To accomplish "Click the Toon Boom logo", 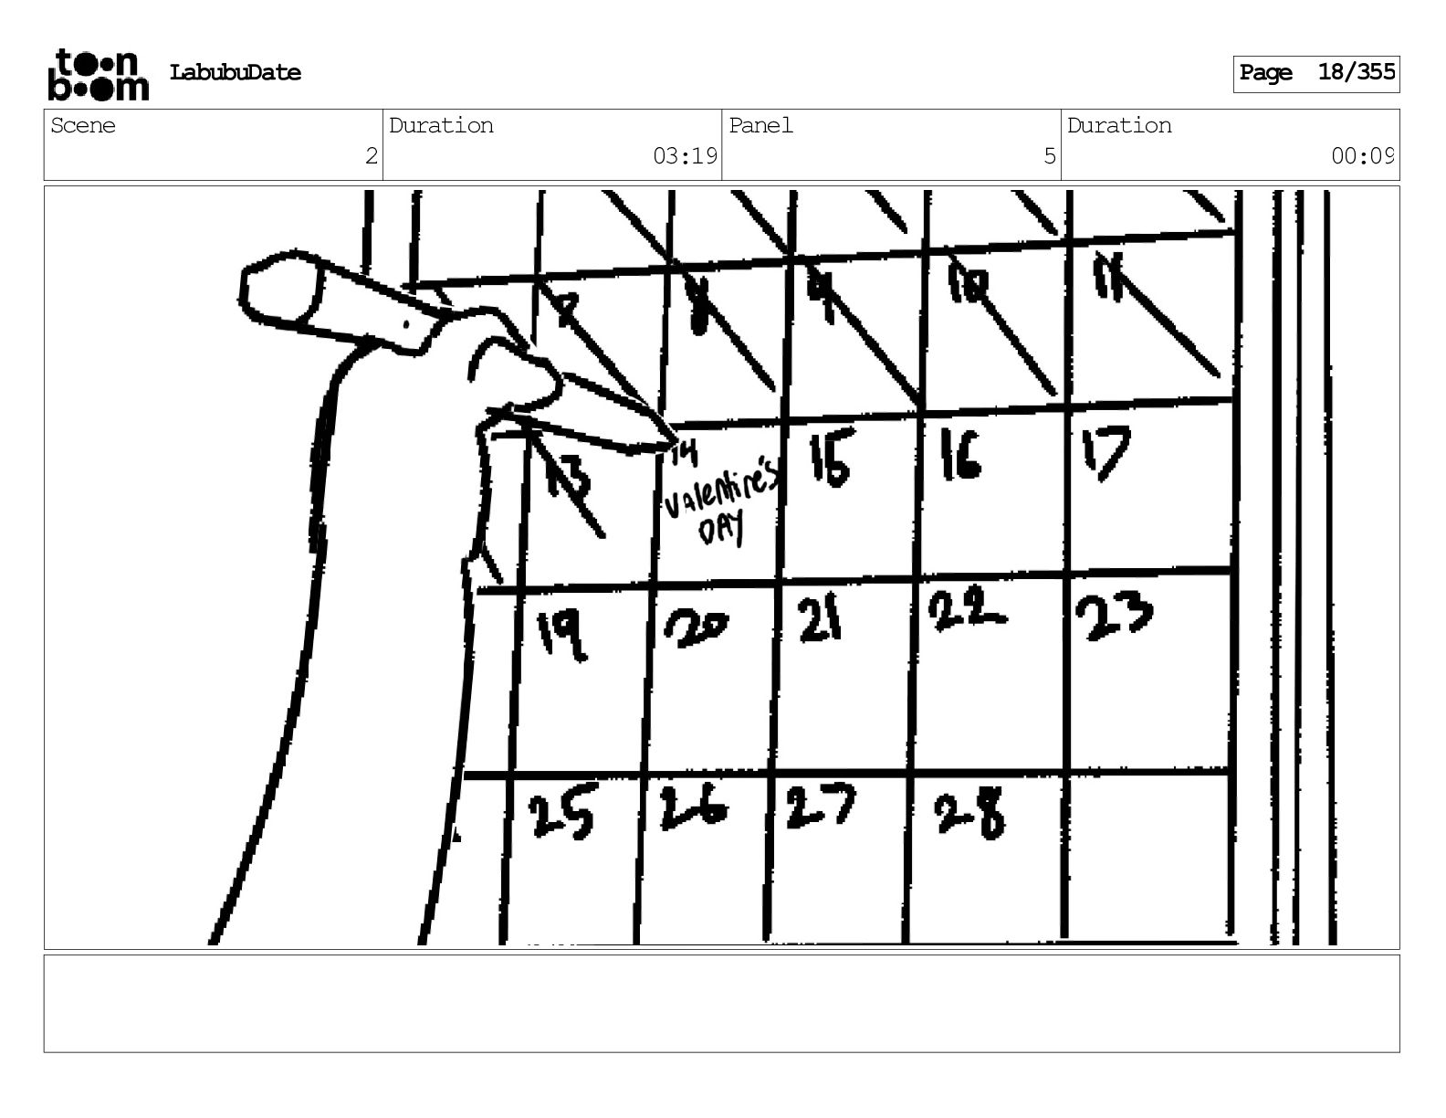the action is [x=98, y=74].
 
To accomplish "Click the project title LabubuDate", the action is [x=235, y=73].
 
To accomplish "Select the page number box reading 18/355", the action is [x=1316, y=73].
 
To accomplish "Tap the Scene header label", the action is [x=83, y=126].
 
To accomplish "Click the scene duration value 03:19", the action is [x=685, y=156].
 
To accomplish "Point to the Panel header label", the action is [x=760, y=126].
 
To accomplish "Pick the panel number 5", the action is [x=1049, y=156].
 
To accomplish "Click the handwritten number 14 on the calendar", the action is [x=684, y=452].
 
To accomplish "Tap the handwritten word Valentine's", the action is [x=721, y=493].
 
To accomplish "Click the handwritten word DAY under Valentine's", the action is [x=721, y=529].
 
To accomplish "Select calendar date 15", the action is [x=830, y=459].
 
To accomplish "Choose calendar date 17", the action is [x=1106, y=452].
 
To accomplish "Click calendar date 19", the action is [x=561, y=633].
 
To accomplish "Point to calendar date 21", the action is [x=819, y=621].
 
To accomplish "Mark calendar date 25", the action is [x=561, y=815].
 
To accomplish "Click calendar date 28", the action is [x=969, y=813].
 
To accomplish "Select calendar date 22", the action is [x=966, y=610].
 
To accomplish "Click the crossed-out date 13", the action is [x=568, y=478].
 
